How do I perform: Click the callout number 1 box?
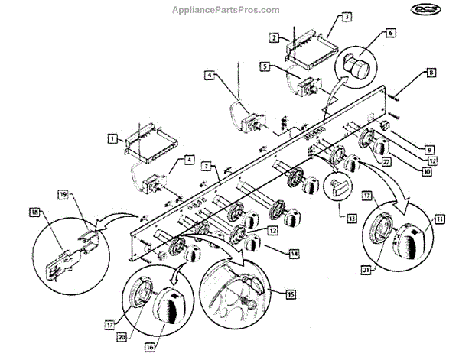[112, 139]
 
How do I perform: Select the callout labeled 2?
[273, 37]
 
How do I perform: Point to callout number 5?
[263, 67]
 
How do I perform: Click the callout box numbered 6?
[390, 34]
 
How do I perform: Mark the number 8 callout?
[431, 74]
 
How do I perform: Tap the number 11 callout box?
[440, 219]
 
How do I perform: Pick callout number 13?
[351, 218]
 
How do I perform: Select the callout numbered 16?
[151, 345]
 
